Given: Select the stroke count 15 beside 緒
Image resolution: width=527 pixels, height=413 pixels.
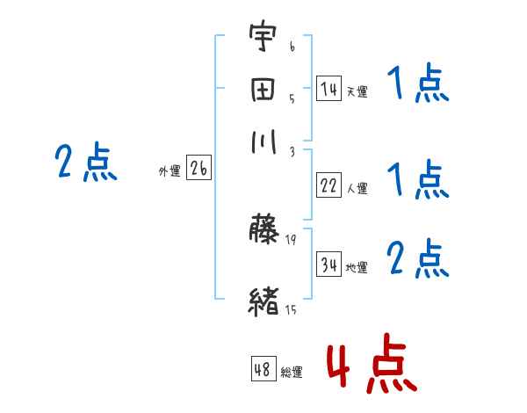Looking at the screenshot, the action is [291, 309].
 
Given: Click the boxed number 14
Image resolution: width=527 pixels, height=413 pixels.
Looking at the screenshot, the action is [328, 88].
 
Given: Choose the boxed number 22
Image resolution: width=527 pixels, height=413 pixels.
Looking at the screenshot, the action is [328, 185].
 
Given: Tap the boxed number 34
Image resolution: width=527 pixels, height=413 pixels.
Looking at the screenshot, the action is [328, 264].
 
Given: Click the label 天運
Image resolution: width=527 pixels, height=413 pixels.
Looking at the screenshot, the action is [357, 91].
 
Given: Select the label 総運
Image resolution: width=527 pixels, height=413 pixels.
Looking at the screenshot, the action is [292, 373].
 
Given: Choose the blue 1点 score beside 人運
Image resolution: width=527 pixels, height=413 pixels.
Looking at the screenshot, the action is [417, 181].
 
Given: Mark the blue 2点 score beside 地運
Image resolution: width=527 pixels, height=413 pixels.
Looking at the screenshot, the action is [417, 259].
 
